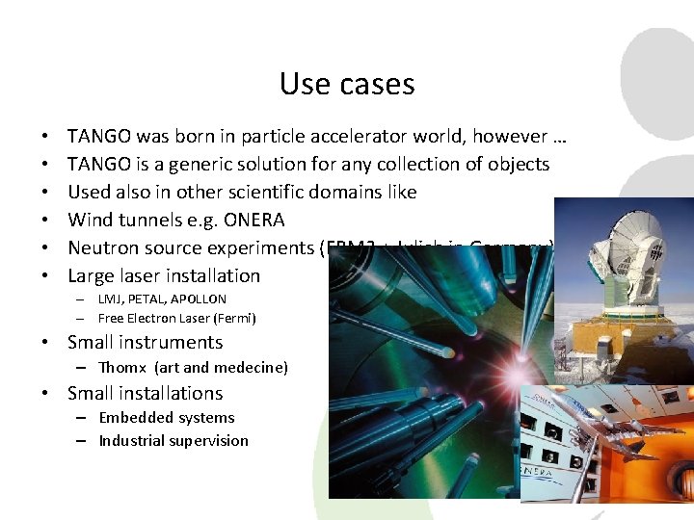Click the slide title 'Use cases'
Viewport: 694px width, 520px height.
click(347, 84)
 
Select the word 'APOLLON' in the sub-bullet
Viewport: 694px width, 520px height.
click(198, 299)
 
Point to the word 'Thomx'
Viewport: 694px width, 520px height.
click(122, 367)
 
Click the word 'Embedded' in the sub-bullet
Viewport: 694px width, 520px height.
click(134, 417)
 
